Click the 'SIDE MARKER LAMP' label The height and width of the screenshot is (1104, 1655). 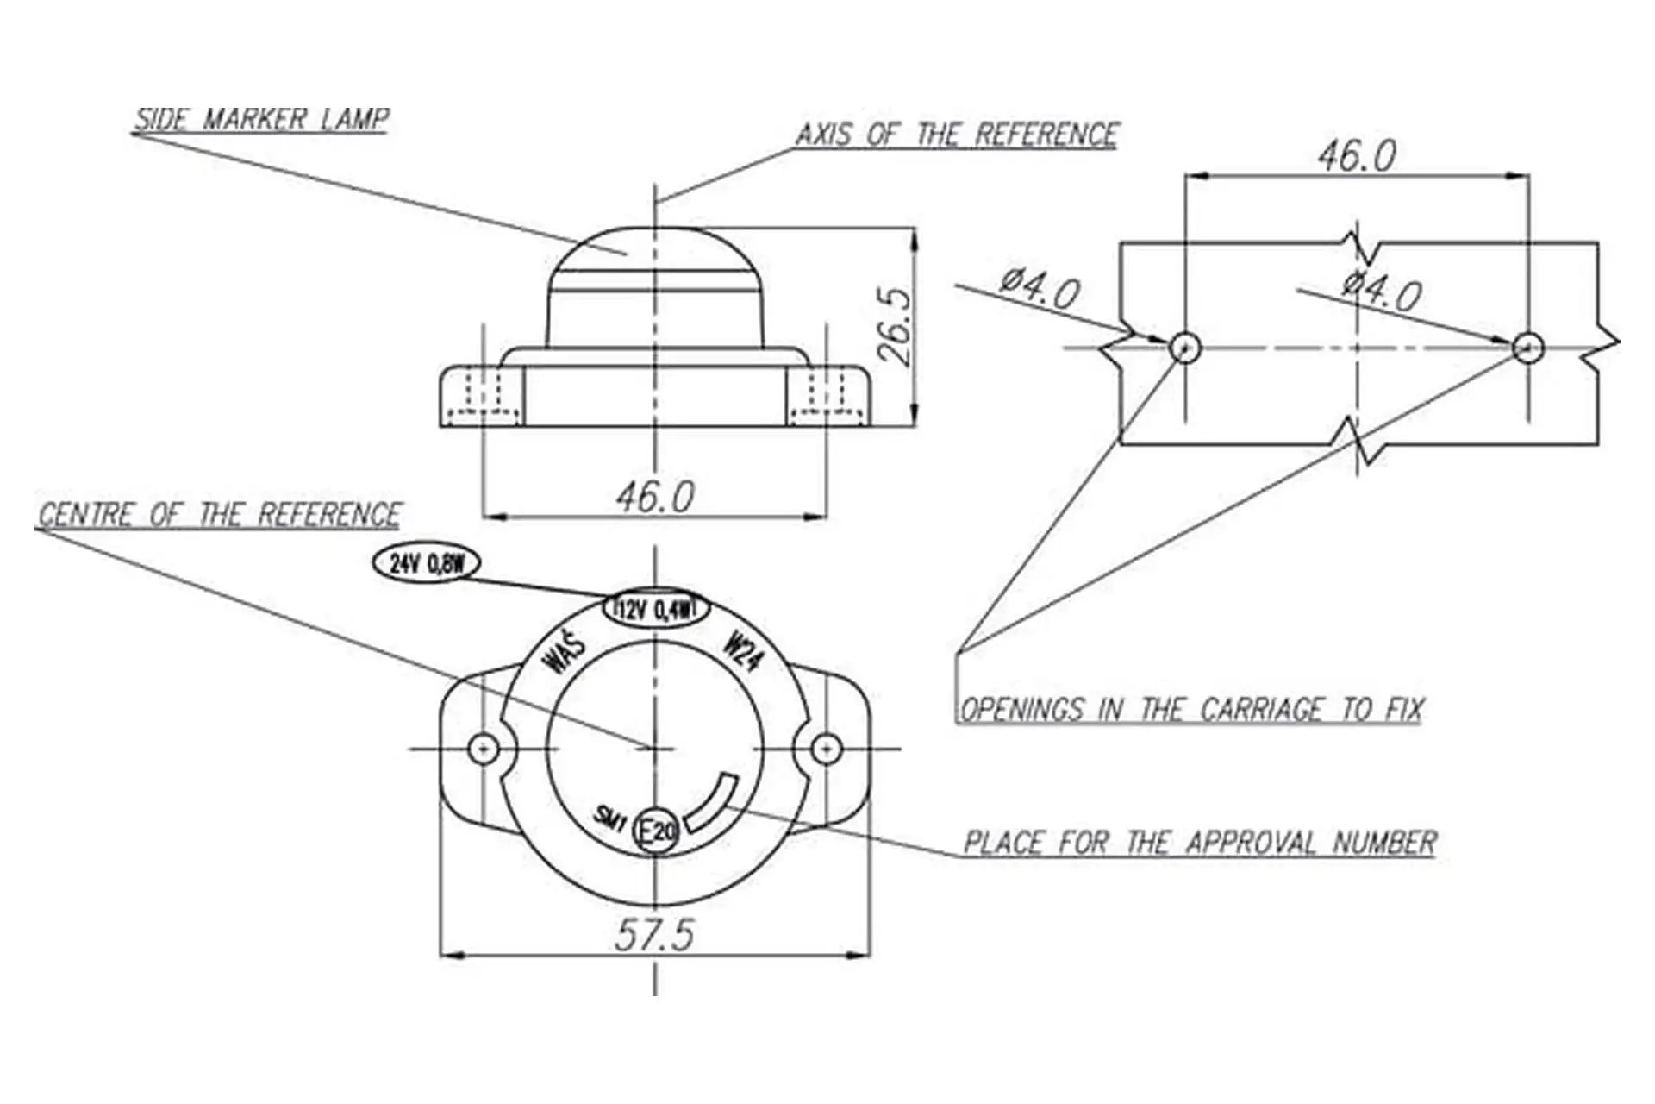tap(261, 119)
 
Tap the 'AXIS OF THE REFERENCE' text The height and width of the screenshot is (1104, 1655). tap(957, 135)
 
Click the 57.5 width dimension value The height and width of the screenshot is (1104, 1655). tap(654, 935)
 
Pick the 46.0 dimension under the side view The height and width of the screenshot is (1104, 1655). tap(655, 497)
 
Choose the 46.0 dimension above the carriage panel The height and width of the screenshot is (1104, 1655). tap(1357, 156)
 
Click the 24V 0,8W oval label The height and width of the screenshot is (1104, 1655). tap(427, 564)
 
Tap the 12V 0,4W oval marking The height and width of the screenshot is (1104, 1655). tap(655, 611)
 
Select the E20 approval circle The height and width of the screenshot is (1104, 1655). tap(656, 831)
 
